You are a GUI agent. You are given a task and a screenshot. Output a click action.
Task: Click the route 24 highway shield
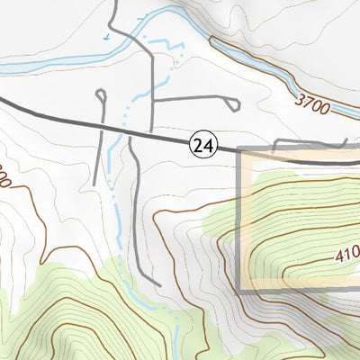[x=202, y=144]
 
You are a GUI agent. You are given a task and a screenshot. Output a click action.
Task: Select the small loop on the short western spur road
[x=100, y=94]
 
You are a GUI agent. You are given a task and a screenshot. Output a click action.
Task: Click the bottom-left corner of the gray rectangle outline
[x=239, y=291]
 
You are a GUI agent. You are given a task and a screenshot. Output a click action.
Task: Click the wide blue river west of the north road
[x=54, y=64]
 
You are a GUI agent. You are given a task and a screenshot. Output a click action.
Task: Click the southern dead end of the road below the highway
[x=159, y=285]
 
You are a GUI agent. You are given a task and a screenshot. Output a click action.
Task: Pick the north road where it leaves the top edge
[x=115, y=3]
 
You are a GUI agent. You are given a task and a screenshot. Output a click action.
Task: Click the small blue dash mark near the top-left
[x=107, y=37]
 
